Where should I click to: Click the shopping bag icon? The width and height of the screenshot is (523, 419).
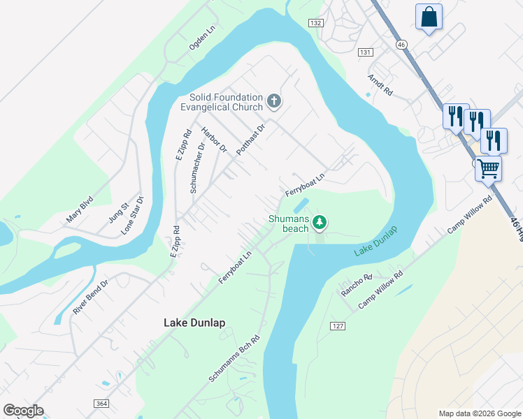(429, 17)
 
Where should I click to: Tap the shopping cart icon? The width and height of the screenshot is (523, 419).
(488, 168)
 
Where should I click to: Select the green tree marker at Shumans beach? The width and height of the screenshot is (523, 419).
(320, 222)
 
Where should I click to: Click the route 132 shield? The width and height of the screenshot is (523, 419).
(316, 23)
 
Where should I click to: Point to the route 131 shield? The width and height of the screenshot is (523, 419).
(364, 52)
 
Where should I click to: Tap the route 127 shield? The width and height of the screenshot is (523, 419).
(338, 326)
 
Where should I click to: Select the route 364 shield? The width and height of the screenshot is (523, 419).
(101, 404)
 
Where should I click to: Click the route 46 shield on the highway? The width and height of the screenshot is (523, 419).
(401, 44)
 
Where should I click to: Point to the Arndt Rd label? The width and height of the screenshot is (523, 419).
(381, 86)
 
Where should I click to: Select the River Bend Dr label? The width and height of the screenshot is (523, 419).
(91, 297)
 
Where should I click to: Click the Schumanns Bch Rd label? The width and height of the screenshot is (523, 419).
(234, 358)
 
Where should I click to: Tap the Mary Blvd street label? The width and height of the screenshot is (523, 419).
(80, 207)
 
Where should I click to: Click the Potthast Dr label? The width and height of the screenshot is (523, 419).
(251, 140)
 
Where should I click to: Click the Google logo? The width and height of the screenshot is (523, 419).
(23, 411)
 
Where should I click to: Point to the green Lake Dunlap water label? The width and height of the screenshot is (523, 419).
(375, 241)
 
